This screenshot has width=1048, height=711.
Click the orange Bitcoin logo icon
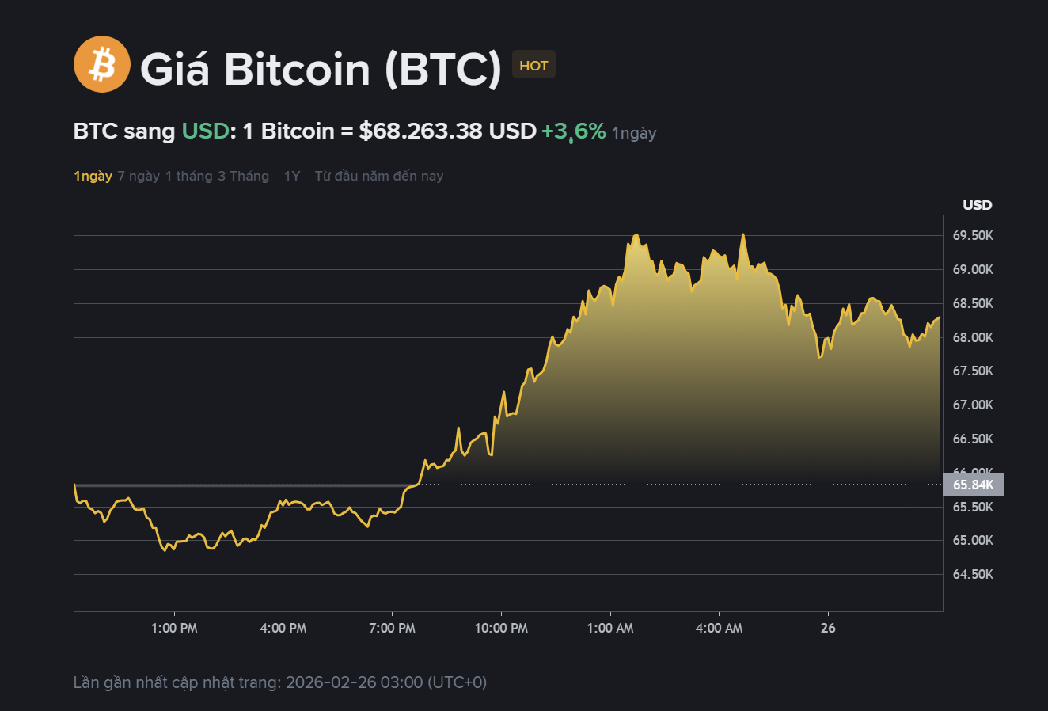101,64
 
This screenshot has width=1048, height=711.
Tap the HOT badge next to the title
533,66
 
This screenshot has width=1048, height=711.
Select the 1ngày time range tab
93,176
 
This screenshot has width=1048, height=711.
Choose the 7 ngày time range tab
139,176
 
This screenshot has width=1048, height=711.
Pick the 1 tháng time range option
188,176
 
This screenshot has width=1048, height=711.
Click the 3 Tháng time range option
243,176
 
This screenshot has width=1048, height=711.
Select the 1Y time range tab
292,176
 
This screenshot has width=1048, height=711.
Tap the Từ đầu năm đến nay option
378,176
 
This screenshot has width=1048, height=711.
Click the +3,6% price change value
573,131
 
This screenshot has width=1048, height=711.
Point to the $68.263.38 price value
420,131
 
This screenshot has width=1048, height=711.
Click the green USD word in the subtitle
205,131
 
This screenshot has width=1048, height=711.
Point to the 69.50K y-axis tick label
973,236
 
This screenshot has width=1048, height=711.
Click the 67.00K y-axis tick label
973,405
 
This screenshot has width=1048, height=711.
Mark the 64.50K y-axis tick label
973,575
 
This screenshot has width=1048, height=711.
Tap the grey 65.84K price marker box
973,485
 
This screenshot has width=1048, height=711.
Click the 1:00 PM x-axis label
174,629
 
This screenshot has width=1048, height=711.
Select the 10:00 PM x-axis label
501,629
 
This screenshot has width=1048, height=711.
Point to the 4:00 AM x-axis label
719,629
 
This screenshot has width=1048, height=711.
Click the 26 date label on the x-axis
828,629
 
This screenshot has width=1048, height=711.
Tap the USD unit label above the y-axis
977,205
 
